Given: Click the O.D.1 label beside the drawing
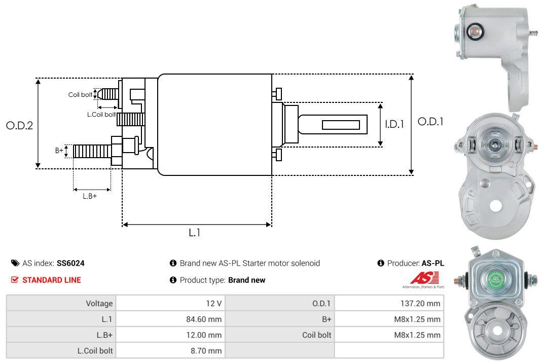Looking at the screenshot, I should pyautogui.click(x=430, y=122).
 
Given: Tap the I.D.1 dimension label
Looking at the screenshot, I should pyautogui.click(x=394, y=123).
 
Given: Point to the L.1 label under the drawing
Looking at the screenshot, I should pyautogui.click(x=195, y=233).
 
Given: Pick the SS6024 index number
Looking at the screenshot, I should pyautogui.click(x=70, y=264).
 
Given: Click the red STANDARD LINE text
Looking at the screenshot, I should pyautogui.click(x=51, y=280).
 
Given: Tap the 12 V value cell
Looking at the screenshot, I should pyautogui.click(x=213, y=304).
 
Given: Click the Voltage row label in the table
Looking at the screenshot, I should pyautogui.click(x=99, y=304).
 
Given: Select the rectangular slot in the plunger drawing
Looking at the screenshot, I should pyautogui.click(x=341, y=125).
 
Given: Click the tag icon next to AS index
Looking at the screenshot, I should pyautogui.click(x=15, y=264).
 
